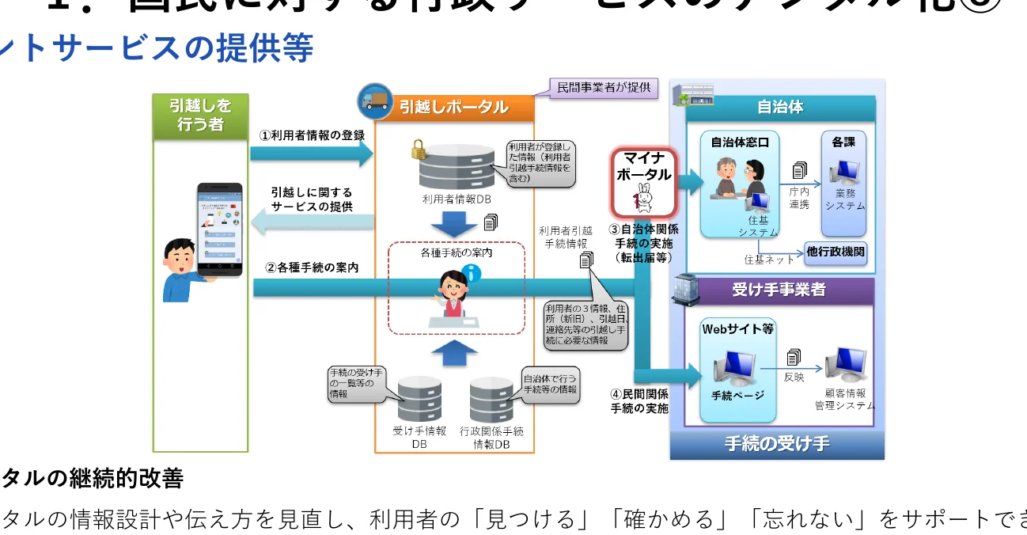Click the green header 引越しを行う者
[200, 116]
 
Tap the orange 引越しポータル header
[453, 107]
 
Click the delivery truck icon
[374, 98]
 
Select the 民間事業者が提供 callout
[604, 87]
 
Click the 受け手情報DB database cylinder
[419, 400]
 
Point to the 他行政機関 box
[836, 253]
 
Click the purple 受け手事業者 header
[779, 290]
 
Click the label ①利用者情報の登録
[312, 135]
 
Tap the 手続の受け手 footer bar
[777, 444]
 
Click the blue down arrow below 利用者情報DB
[454, 226]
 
